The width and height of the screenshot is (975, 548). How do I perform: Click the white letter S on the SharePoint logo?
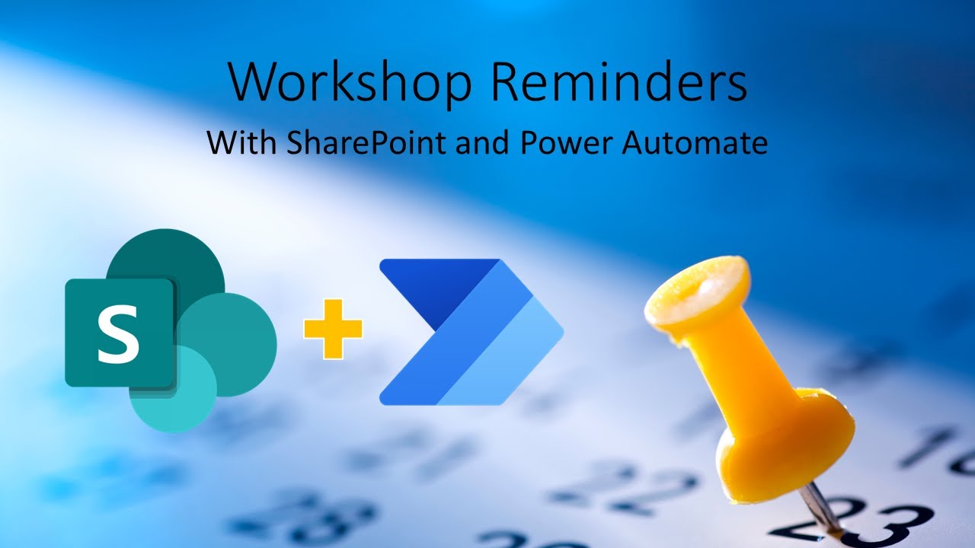point(120,333)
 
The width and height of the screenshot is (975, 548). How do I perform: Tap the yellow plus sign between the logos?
point(333,328)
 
